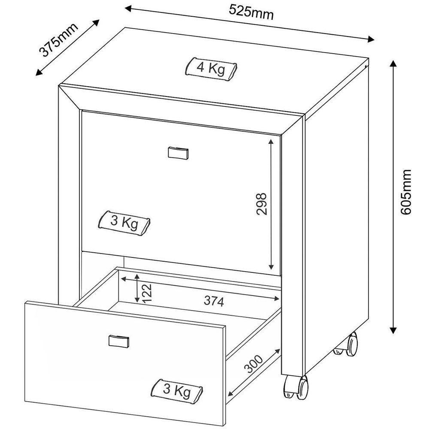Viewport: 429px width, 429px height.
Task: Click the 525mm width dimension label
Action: (251, 12)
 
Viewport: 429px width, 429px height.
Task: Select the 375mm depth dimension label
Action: (58, 40)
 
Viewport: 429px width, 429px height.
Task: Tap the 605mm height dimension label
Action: (406, 192)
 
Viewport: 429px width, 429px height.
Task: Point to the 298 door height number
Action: (261, 204)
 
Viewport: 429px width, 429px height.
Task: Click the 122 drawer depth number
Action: (147, 293)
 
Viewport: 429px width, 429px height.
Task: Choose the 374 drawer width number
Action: (214, 301)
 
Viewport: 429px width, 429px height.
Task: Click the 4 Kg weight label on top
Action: (211, 68)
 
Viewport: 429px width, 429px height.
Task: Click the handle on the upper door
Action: (178, 153)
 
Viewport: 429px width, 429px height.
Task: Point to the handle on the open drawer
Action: (119, 341)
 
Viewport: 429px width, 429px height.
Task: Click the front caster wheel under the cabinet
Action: (296, 387)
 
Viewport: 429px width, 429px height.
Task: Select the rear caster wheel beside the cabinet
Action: (347, 345)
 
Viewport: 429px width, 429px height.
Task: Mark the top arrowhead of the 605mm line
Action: (393, 64)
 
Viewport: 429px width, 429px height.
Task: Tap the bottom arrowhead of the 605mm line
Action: (393, 330)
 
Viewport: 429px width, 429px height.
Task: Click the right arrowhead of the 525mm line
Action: (371, 39)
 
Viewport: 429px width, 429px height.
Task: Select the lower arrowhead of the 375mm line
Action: (39, 73)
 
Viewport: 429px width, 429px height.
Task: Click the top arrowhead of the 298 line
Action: (271, 142)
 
